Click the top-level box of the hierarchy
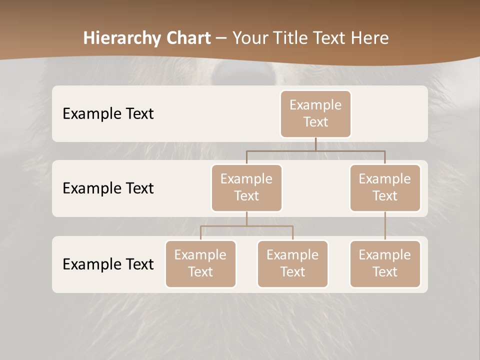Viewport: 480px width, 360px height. coord(315,113)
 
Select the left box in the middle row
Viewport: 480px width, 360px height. coord(246,187)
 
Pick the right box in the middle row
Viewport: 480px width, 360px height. coord(385,187)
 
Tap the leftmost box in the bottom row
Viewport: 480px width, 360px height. coord(200,263)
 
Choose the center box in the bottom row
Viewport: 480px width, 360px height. coord(292,263)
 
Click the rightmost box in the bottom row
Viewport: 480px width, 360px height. coord(385,263)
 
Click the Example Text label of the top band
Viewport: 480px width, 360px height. coord(108,113)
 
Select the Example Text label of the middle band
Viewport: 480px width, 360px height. coord(108,188)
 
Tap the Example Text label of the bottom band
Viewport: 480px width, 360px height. coord(108,264)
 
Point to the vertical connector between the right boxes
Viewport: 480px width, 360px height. coord(385,226)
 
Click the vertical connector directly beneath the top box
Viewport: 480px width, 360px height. coord(315,144)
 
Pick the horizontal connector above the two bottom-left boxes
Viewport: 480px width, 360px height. coord(246,226)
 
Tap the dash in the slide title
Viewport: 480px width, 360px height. coord(221,38)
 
